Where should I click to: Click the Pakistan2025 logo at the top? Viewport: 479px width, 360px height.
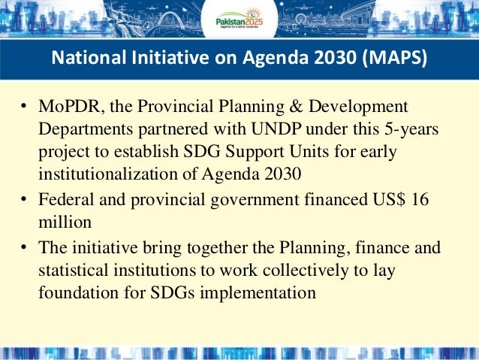[x=239, y=20]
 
